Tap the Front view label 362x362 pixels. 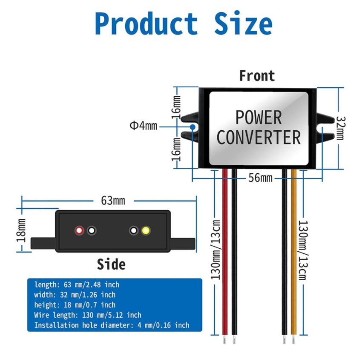pos(257,76)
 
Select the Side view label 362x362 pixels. pos(111,264)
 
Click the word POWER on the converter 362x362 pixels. pos(259,118)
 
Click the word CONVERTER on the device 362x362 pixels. pos(259,138)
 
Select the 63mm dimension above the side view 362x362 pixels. pos(113,200)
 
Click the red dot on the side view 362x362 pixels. pos(79,231)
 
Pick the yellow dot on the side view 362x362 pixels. pos(146,231)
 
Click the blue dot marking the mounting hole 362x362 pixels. pos(193,127)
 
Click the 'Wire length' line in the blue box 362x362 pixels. pos(87,315)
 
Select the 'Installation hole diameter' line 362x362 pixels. pos(112,325)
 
